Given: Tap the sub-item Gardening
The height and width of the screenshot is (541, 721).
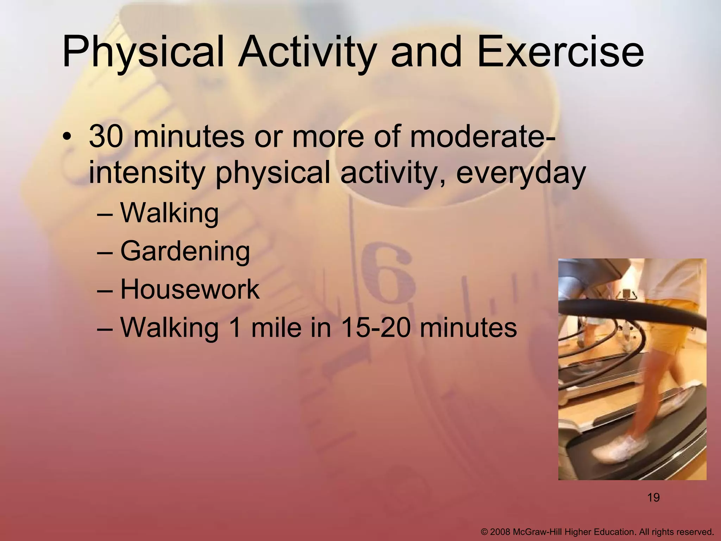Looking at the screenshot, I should (x=185, y=251).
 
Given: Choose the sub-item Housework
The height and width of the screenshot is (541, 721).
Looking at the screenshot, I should (x=190, y=290).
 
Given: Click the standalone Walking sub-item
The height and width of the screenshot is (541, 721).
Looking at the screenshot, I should (x=169, y=213).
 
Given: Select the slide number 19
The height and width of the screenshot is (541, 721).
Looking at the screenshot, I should (x=653, y=498).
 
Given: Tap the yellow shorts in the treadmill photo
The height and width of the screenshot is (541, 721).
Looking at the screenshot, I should (x=665, y=331).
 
